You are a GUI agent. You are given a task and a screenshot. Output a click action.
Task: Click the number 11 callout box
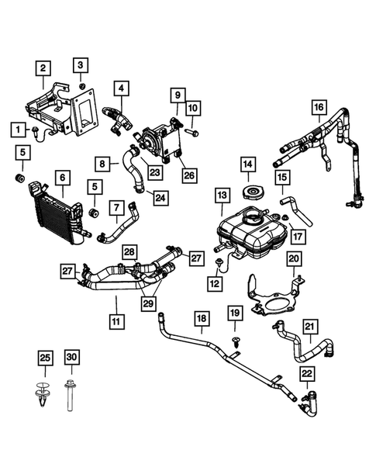click(x=116, y=320)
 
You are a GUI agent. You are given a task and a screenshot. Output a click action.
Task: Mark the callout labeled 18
click(x=202, y=318)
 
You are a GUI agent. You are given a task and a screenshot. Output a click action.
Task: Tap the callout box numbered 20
click(x=294, y=258)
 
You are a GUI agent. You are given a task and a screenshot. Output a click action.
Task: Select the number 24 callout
click(x=160, y=197)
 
